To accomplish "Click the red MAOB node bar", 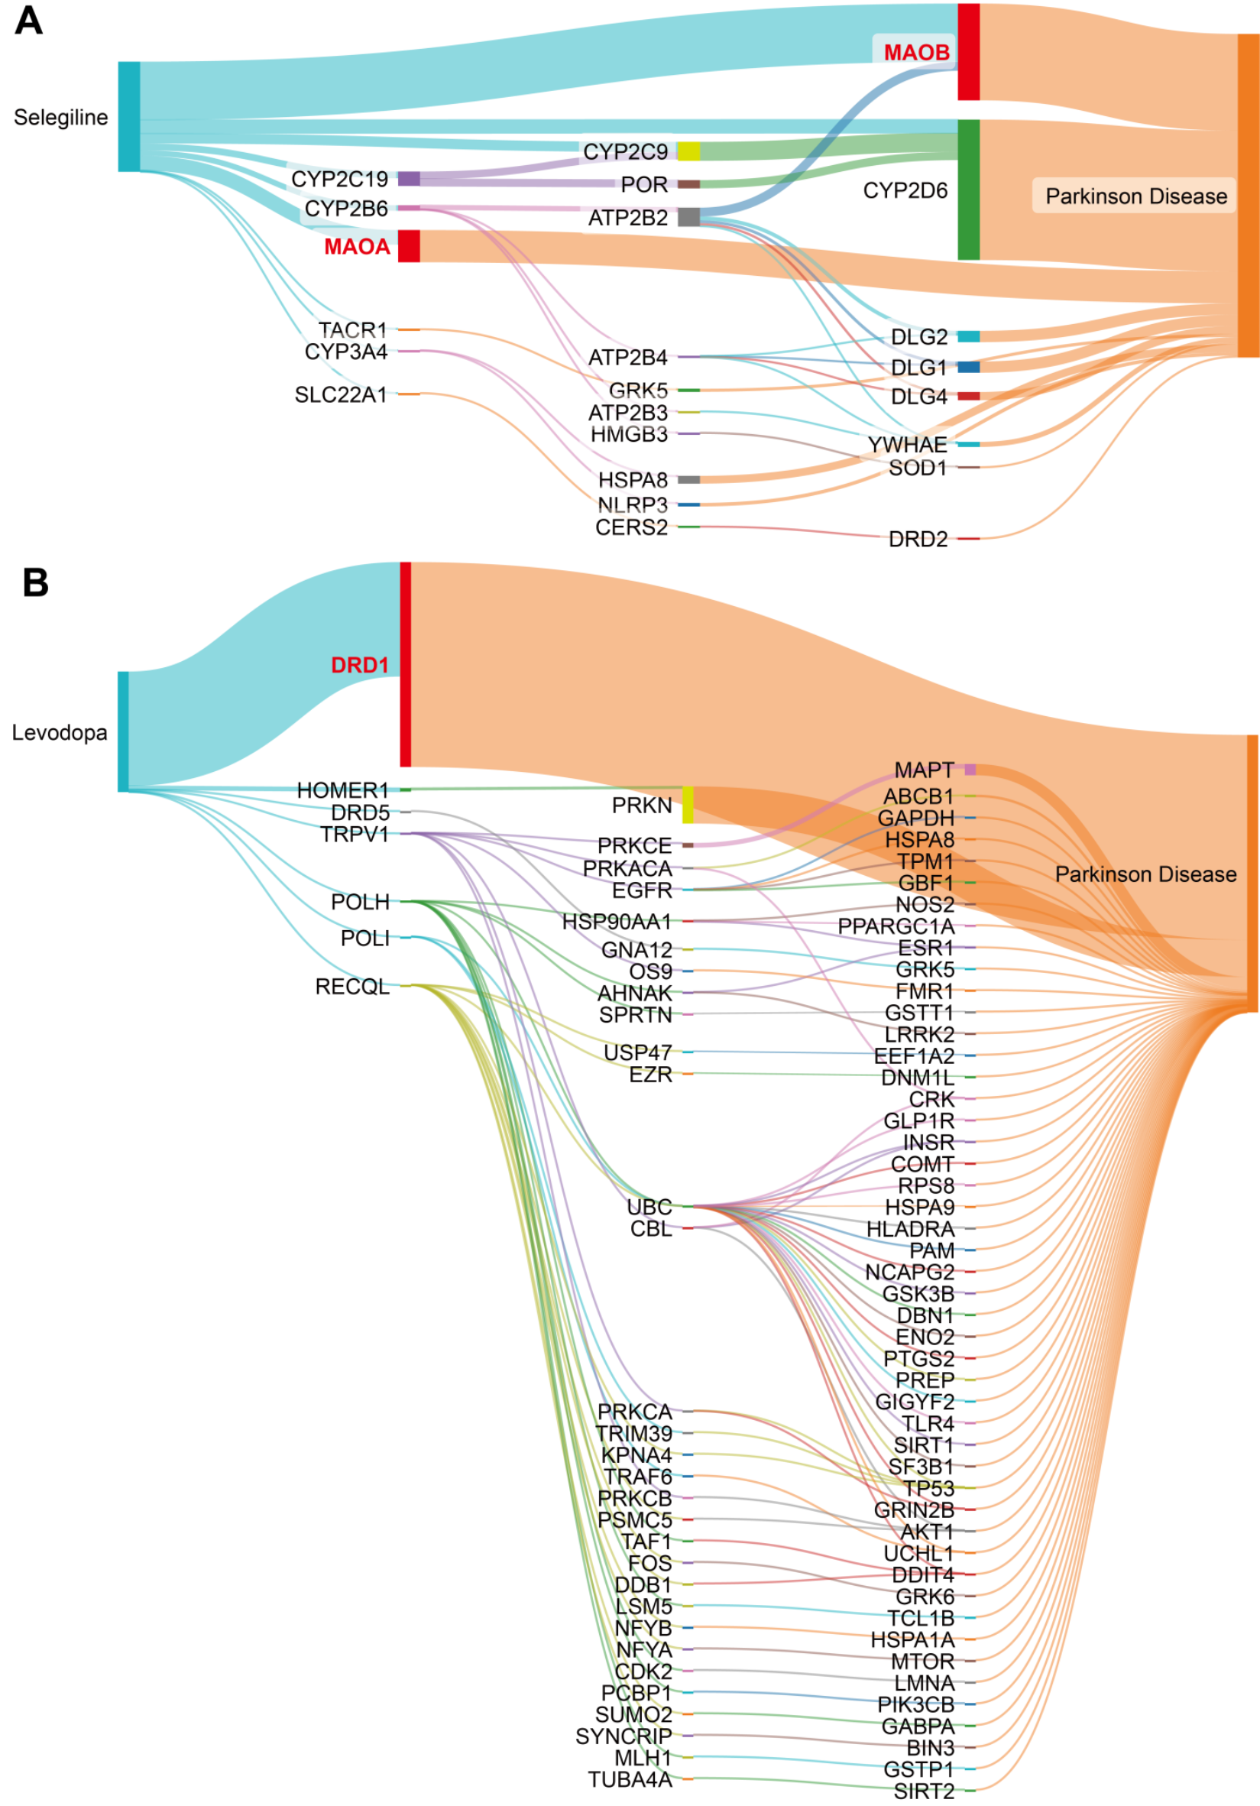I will (x=967, y=52).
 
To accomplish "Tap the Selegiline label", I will (x=60, y=118).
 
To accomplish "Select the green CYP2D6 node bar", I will (x=967, y=190).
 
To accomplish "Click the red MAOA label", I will (x=356, y=247).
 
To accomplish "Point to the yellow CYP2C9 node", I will (x=688, y=151).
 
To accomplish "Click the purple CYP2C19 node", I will (x=408, y=179).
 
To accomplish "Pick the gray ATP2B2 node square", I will (x=688, y=217).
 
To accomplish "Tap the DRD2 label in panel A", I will (x=917, y=540).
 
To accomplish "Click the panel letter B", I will (x=35, y=583).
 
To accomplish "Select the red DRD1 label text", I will (x=359, y=666).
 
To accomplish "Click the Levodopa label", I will (x=59, y=733).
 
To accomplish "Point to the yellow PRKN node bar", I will (x=688, y=805).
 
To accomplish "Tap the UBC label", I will (x=649, y=1207).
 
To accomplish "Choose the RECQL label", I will (x=351, y=987).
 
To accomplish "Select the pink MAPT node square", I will (x=970, y=770).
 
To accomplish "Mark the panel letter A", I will (x=28, y=21).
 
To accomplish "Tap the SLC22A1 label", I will (x=341, y=395).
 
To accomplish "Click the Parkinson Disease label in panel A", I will (x=1135, y=196).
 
